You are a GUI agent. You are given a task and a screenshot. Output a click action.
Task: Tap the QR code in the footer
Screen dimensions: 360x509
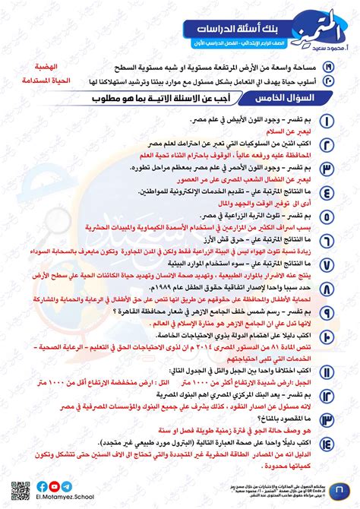tap(16, 491)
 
